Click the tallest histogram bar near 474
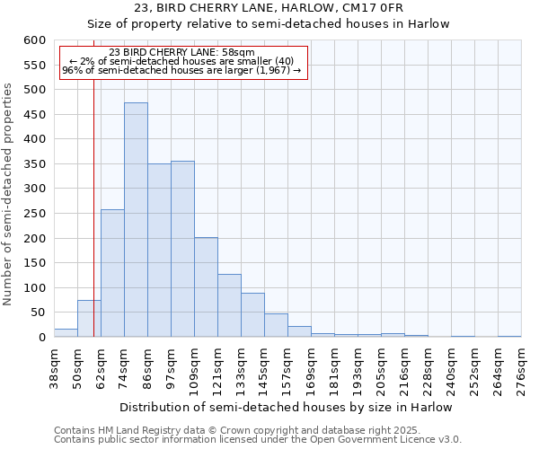coord(136,220)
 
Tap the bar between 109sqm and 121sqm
coord(206,287)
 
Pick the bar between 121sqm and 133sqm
coord(229,305)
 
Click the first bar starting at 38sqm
coord(66,333)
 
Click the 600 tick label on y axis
coord(34,40)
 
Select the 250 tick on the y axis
coord(34,214)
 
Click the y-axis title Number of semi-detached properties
coord(9,194)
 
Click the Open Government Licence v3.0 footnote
coord(257,440)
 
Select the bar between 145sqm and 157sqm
coord(276,325)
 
